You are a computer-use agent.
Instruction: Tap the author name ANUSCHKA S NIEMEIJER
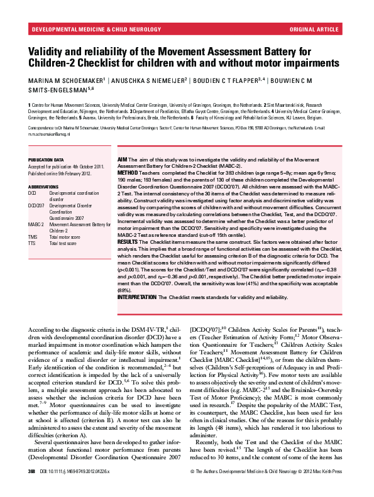point(150,80)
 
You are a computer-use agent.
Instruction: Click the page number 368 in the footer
point(32,488)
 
